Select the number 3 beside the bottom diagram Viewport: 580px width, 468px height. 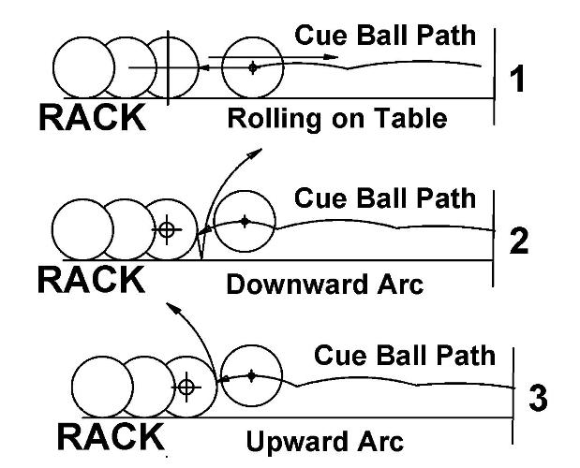[x=538, y=398]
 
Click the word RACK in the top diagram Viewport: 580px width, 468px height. [x=92, y=117]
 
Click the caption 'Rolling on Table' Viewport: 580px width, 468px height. [x=336, y=120]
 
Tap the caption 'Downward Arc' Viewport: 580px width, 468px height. [x=325, y=284]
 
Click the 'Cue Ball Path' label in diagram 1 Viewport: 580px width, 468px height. [x=385, y=36]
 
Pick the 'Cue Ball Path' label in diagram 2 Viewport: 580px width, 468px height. [x=385, y=198]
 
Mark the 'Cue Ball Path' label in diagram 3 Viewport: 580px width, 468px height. [x=404, y=356]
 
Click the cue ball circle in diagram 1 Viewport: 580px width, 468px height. [x=252, y=66]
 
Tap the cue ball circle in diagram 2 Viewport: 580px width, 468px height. [x=245, y=222]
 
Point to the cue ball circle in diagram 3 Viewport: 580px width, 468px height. [x=251, y=375]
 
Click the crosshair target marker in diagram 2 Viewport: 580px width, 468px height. [x=167, y=228]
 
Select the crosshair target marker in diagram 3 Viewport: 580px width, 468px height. [x=186, y=386]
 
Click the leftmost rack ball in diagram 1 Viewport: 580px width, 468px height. [x=82, y=68]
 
